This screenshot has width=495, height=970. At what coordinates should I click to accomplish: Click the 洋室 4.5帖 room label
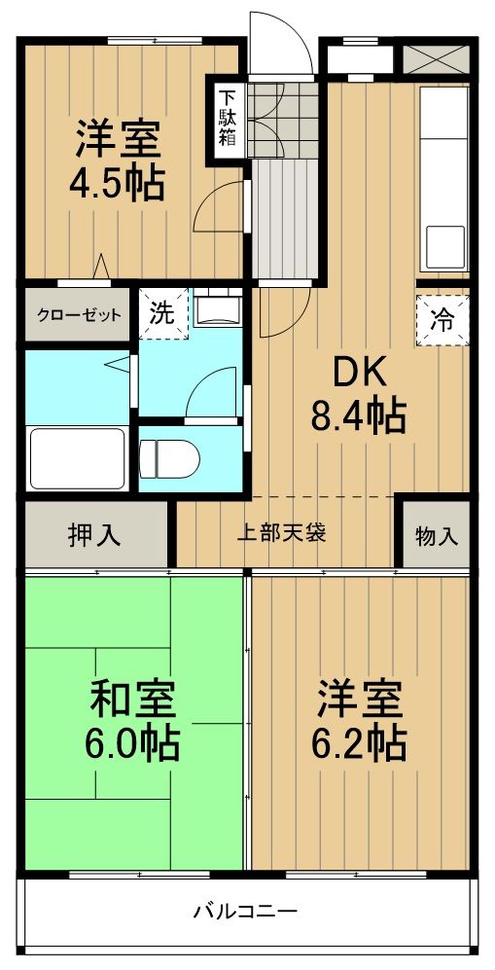click(x=120, y=161)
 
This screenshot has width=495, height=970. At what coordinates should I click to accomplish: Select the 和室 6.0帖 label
click(x=133, y=721)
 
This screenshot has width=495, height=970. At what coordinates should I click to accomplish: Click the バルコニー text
click(x=244, y=913)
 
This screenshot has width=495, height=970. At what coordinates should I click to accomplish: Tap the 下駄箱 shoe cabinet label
click(x=227, y=117)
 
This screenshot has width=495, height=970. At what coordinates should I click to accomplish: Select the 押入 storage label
click(x=95, y=534)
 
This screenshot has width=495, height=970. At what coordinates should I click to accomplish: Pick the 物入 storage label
click(x=437, y=534)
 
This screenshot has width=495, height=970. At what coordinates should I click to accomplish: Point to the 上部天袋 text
click(x=282, y=533)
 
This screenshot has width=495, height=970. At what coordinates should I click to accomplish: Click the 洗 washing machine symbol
click(x=161, y=313)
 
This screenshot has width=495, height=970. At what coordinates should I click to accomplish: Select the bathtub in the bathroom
click(x=77, y=460)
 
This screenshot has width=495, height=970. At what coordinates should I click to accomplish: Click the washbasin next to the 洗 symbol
click(x=215, y=310)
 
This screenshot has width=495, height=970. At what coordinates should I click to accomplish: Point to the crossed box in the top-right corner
click(x=434, y=58)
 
